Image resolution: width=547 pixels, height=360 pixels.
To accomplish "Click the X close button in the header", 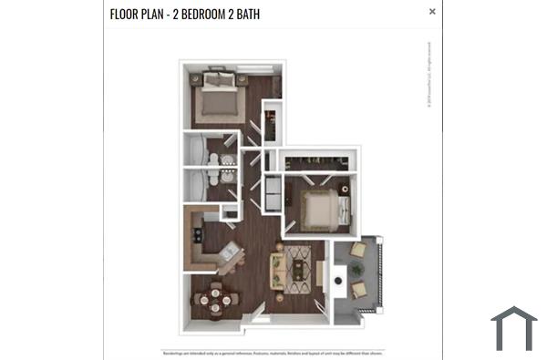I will pyautogui.click(x=432, y=12).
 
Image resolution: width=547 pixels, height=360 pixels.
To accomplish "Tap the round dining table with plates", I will pyautogui.click(x=215, y=297).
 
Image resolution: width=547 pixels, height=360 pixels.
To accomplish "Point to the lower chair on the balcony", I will pyautogui.click(x=359, y=290).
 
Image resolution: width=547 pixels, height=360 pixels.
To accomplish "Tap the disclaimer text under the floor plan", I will pyautogui.click(x=273, y=353).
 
